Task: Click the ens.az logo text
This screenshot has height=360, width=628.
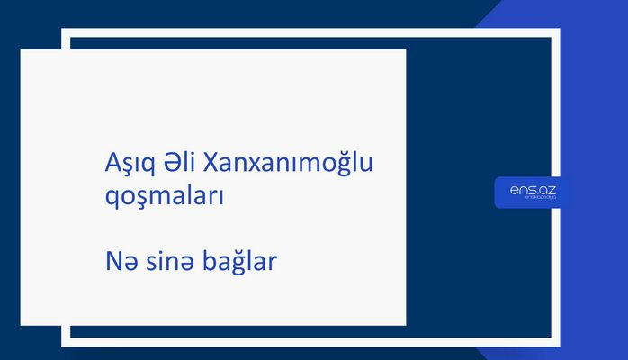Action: [532, 189]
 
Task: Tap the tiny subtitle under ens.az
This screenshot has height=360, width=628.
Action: [532, 199]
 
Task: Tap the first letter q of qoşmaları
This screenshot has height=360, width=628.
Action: [111, 200]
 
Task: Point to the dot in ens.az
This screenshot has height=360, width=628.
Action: [534, 193]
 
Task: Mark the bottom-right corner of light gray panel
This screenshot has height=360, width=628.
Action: [405, 325]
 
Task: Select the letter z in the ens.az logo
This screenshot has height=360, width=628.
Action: [551, 189]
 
